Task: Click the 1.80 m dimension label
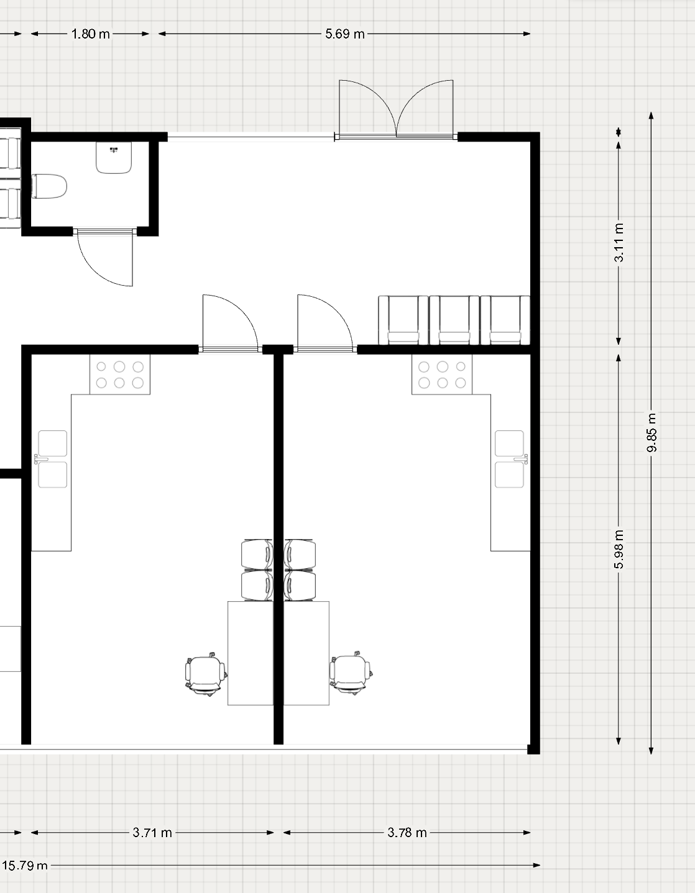pyautogui.click(x=91, y=34)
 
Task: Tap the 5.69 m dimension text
pyautogui.click(x=344, y=34)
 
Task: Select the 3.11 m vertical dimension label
pyautogui.click(x=619, y=242)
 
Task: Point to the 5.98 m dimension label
pyautogui.click(x=619, y=550)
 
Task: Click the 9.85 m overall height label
pyautogui.click(x=651, y=432)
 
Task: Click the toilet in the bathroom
pyautogui.click(x=49, y=186)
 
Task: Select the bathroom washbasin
pyautogui.click(x=114, y=158)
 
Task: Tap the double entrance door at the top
pyautogui.click(x=396, y=109)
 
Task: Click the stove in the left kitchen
pyautogui.click(x=120, y=374)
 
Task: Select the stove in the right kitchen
pyautogui.click(x=442, y=374)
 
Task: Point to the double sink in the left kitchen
pyautogui.click(x=52, y=459)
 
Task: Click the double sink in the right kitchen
pyautogui.click(x=510, y=459)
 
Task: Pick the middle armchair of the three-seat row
pyautogui.click(x=454, y=320)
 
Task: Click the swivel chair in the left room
pyautogui.click(x=206, y=674)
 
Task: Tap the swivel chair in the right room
pyautogui.click(x=351, y=673)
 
